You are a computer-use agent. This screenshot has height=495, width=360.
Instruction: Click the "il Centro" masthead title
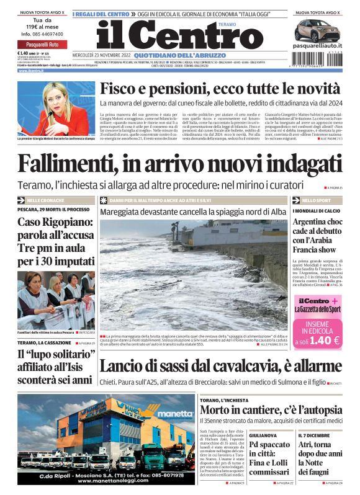coord(171,37)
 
